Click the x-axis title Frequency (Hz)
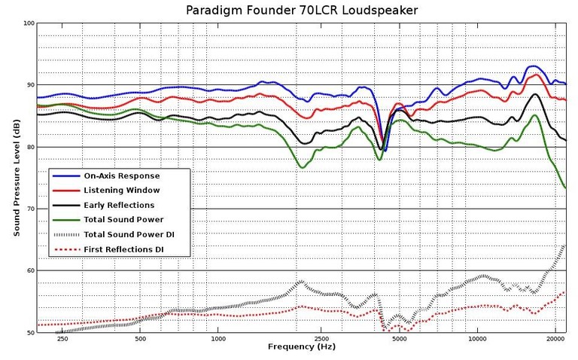point(302,347)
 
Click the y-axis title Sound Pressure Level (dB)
point(16,178)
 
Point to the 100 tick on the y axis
point(29,23)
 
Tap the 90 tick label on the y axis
point(29,85)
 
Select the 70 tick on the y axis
point(29,209)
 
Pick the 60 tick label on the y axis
point(29,270)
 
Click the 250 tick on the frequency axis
point(62,338)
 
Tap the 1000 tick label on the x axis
point(218,338)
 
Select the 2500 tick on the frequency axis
point(321,338)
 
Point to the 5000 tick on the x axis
point(399,338)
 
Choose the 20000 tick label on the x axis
point(555,338)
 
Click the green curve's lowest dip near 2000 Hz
point(303,167)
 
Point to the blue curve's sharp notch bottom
point(385,151)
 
